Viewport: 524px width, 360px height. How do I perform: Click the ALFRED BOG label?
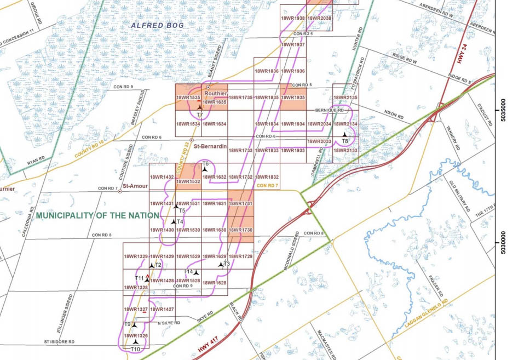pyautogui.click(x=157, y=26)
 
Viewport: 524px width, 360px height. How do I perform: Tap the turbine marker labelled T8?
pyautogui.click(x=344, y=134)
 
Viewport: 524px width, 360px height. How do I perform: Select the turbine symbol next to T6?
pyautogui.click(x=204, y=169)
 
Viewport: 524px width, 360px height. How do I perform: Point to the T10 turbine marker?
pyautogui.click(x=136, y=342)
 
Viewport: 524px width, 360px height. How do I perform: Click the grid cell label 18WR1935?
pyautogui.click(x=292, y=98)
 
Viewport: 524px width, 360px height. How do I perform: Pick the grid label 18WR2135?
pyautogui.click(x=346, y=98)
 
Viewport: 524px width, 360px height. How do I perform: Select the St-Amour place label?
pyautogui.click(x=133, y=186)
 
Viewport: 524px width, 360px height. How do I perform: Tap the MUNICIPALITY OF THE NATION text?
pyautogui.click(x=89, y=216)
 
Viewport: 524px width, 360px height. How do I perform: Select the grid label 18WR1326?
pyautogui.click(x=135, y=335)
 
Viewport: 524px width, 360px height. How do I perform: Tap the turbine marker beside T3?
pyautogui.click(x=221, y=264)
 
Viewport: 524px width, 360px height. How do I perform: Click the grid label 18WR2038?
pyautogui.click(x=319, y=18)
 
